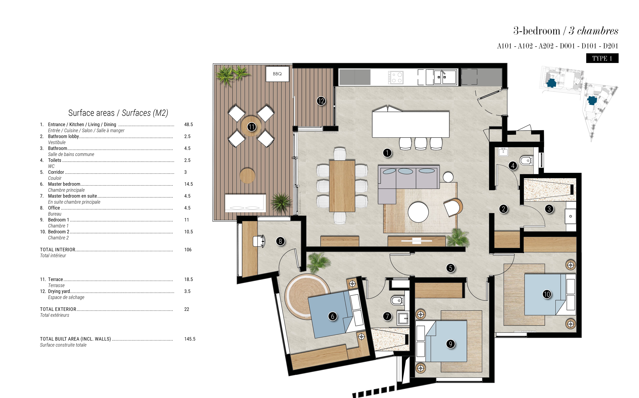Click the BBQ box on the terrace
click(277, 74)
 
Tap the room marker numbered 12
click(321, 101)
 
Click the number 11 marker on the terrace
click(252, 127)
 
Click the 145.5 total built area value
click(190, 339)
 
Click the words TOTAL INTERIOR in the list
click(58, 249)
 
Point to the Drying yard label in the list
click(59, 291)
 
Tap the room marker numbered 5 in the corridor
click(450, 268)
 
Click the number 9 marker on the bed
click(450, 344)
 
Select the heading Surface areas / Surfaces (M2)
click(118, 113)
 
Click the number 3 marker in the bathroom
click(549, 209)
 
